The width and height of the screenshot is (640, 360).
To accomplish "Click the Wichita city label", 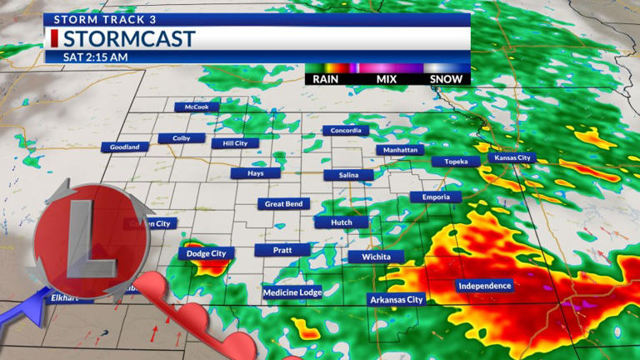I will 376,257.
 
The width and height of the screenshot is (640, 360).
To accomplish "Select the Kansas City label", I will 512,157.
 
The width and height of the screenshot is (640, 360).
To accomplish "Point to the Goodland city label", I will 125,147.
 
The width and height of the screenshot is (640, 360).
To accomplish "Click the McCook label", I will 197,107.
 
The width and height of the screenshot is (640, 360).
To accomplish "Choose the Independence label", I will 484,286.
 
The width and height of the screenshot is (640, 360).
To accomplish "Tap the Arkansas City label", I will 396,299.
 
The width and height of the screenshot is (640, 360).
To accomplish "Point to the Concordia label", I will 346,131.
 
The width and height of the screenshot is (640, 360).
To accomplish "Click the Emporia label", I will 435,197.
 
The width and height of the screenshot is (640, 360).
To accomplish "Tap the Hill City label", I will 235,143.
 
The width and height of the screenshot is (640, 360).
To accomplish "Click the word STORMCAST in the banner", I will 128,38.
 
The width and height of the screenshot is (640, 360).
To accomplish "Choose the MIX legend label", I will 387,79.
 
